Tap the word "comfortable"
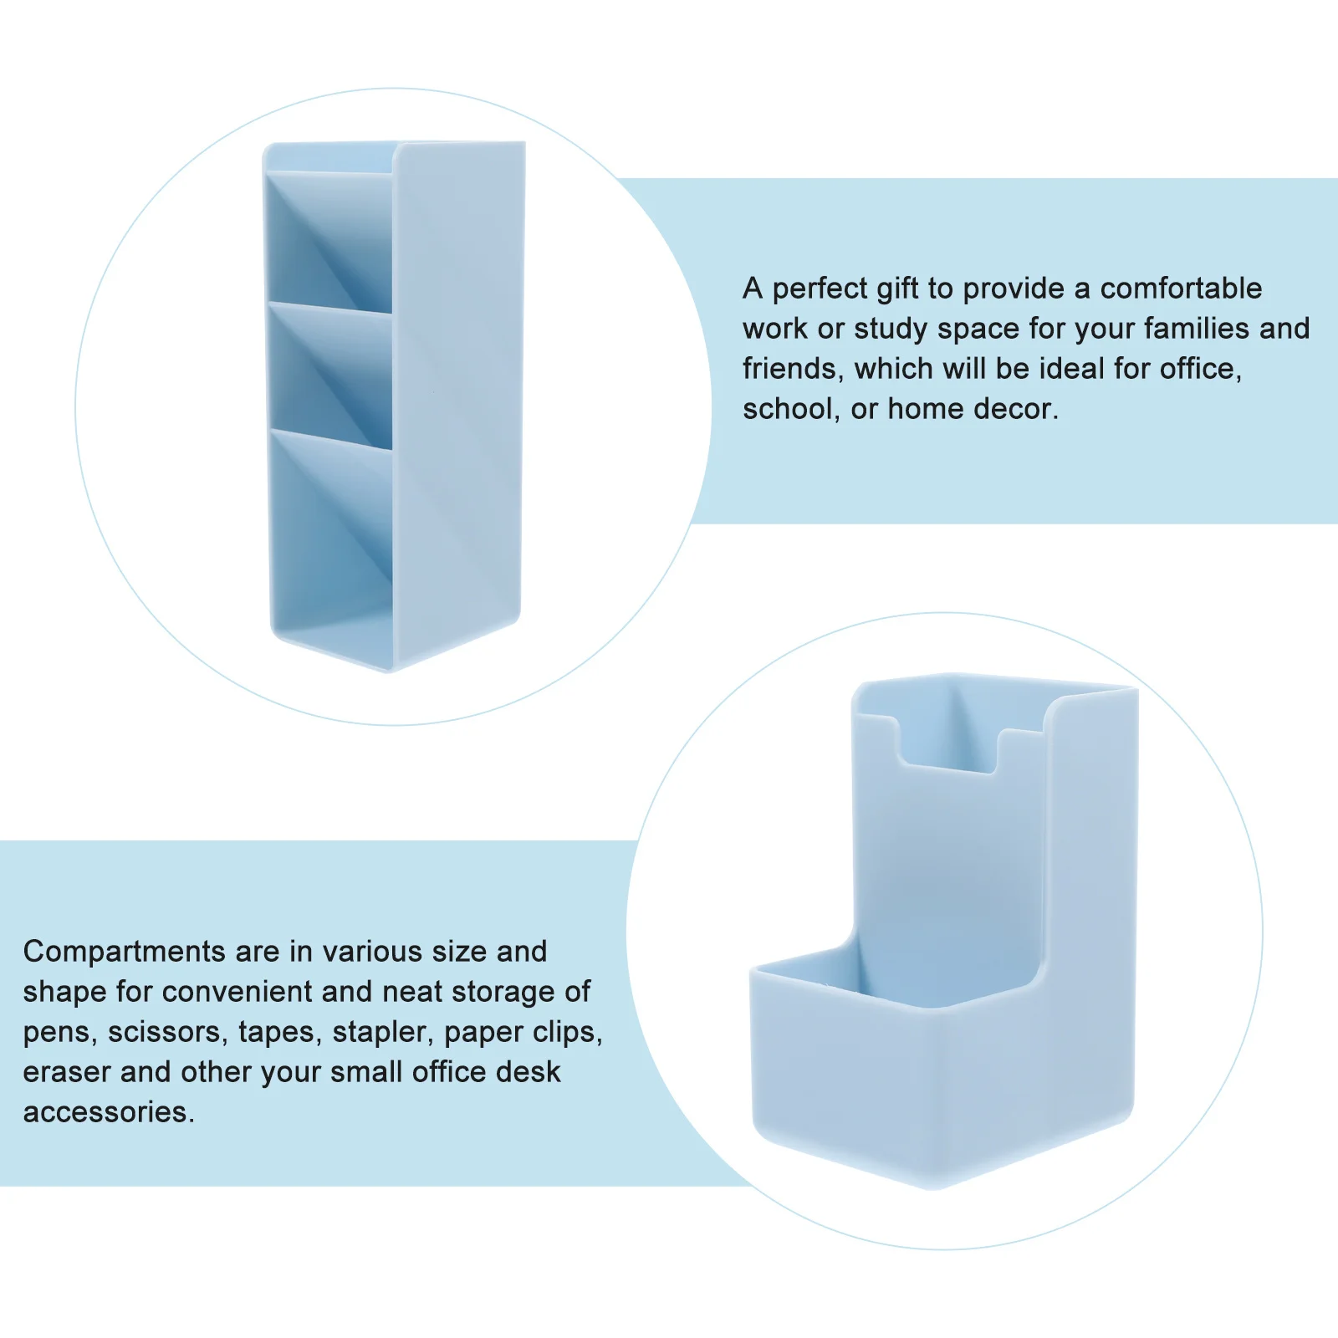pos(1181,289)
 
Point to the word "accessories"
pos(108,1112)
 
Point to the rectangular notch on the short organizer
pos(949,736)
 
